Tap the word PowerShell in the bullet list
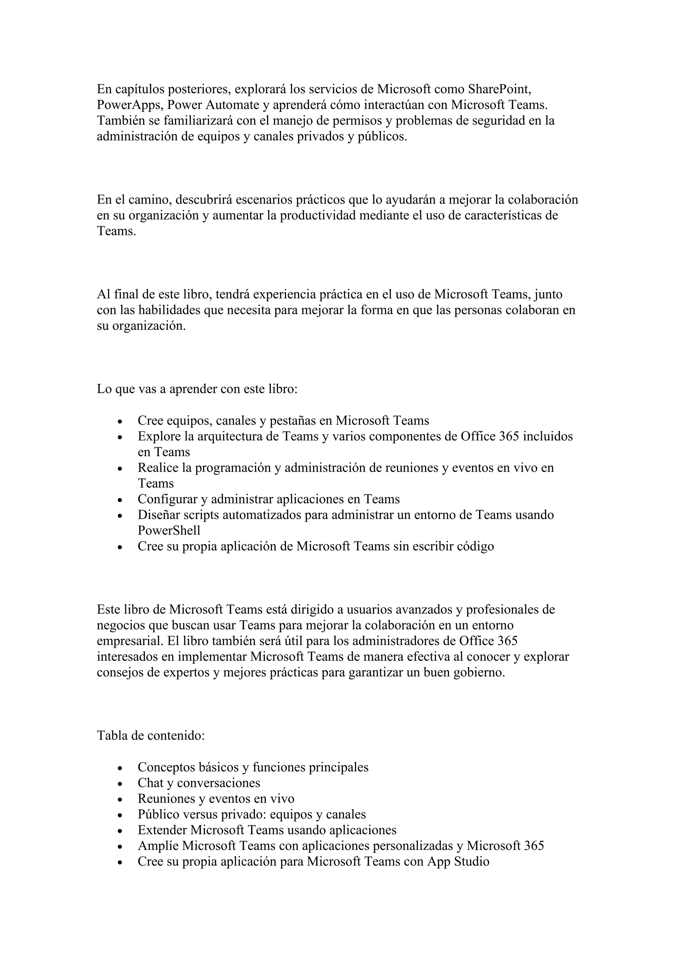tap(169, 530)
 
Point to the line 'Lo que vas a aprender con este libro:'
tap(197, 389)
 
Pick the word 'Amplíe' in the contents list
tap(158, 846)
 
